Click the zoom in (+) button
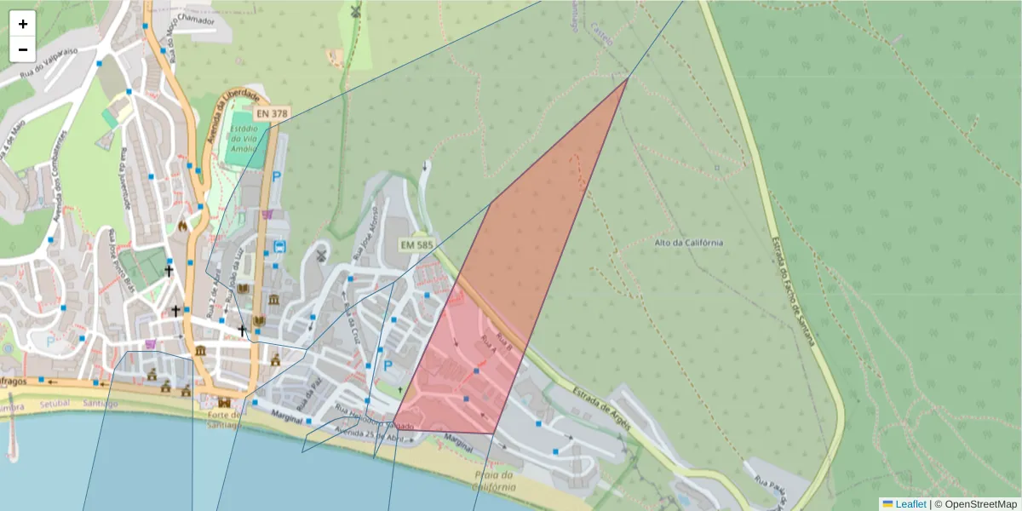(x=23, y=24)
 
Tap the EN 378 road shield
(x=273, y=112)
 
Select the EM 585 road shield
(x=417, y=245)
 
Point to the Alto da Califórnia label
(x=689, y=242)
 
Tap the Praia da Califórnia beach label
(x=493, y=481)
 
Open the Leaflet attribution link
(x=910, y=504)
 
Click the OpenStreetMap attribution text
(x=975, y=504)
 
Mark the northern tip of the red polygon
(x=628, y=78)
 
